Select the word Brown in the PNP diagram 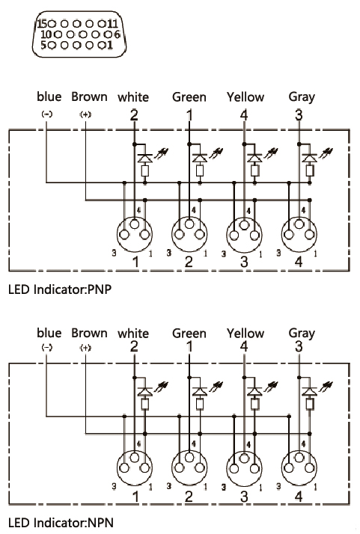pos(89,96)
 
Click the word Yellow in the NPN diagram pos(245,333)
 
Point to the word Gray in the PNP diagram pos(302,97)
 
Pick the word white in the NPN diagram pos(133,334)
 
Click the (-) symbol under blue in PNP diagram pos(47,114)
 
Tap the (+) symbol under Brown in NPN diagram pos(85,348)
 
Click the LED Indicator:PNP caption pos(60,289)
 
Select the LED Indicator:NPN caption pos(61,523)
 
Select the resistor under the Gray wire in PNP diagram pos(310,171)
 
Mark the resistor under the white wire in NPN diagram pos(145,404)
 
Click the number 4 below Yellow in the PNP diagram pos(244,115)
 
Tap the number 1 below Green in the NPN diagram pos(189,347)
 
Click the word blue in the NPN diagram pos(49,333)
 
